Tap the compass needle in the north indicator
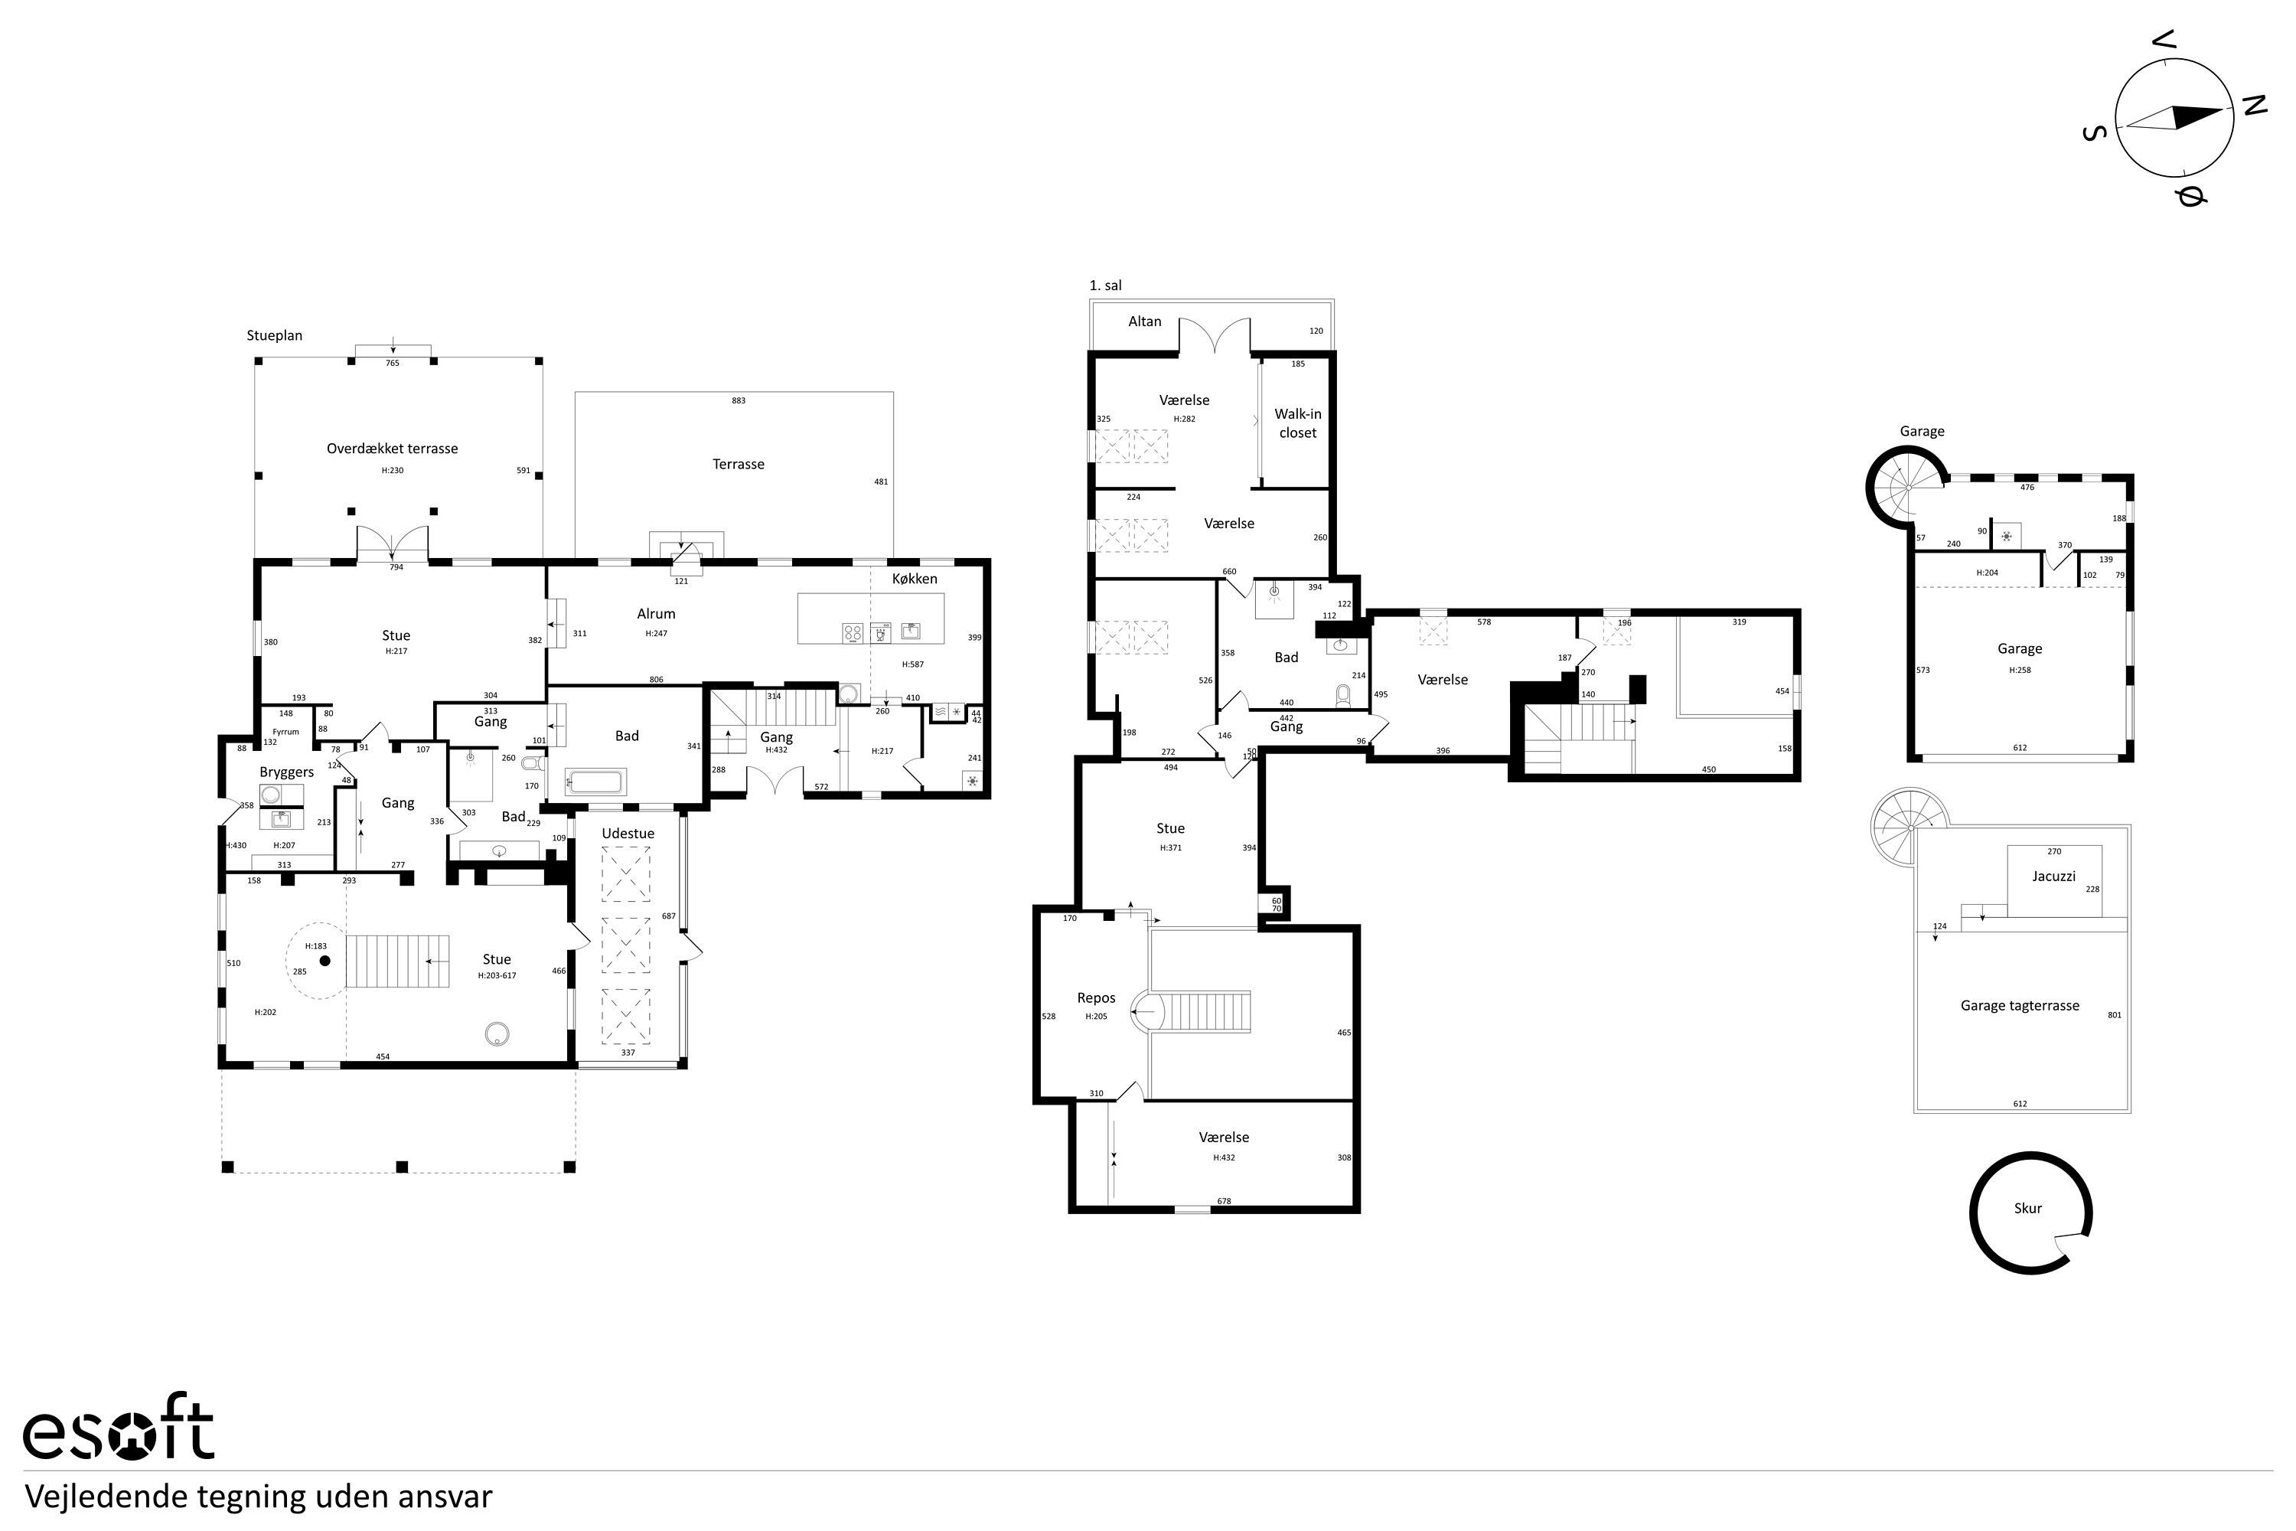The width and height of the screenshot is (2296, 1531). point(2175,118)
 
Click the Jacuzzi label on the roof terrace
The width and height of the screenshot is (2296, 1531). point(2054,876)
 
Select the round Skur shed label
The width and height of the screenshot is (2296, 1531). point(2027,1208)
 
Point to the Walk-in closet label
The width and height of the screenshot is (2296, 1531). point(1297,423)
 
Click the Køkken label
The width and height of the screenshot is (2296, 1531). point(915,578)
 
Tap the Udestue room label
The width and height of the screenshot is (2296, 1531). point(628,833)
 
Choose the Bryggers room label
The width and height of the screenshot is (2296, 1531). point(287,772)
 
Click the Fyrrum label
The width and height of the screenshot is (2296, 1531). point(286,731)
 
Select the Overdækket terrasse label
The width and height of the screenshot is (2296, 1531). point(393,448)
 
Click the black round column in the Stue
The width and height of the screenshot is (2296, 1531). point(325,961)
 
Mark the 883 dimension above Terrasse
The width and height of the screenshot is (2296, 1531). point(739,400)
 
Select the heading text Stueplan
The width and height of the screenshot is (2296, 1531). point(274,335)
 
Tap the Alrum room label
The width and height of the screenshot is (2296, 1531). point(656,613)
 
